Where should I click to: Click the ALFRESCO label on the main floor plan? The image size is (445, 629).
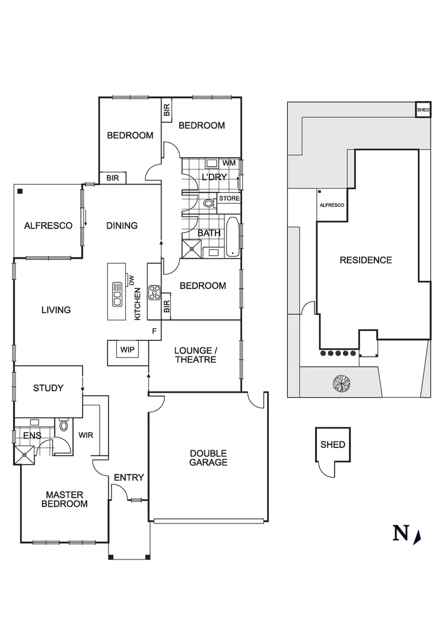tap(48, 225)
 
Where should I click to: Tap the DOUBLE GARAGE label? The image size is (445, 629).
tap(208, 458)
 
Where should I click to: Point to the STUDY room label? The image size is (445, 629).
tap(48, 388)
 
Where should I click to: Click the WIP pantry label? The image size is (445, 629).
tap(127, 350)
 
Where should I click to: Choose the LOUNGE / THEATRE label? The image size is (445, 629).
tap(195, 355)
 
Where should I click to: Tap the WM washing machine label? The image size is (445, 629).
tap(229, 163)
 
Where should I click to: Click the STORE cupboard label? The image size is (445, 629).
tap(229, 198)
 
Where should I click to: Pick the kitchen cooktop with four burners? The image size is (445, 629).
tap(154, 292)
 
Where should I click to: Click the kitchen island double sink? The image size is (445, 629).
tap(117, 294)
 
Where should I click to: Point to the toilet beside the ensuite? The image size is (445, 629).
tap(63, 426)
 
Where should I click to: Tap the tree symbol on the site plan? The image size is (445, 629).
tap(341, 384)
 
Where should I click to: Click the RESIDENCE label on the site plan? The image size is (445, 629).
tap(365, 260)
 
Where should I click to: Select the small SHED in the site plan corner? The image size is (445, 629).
tap(422, 110)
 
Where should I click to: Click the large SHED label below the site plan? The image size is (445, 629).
tap(332, 444)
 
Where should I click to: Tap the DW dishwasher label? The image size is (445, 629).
tap(132, 280)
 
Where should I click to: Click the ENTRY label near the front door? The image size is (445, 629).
tap(129, 477)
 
